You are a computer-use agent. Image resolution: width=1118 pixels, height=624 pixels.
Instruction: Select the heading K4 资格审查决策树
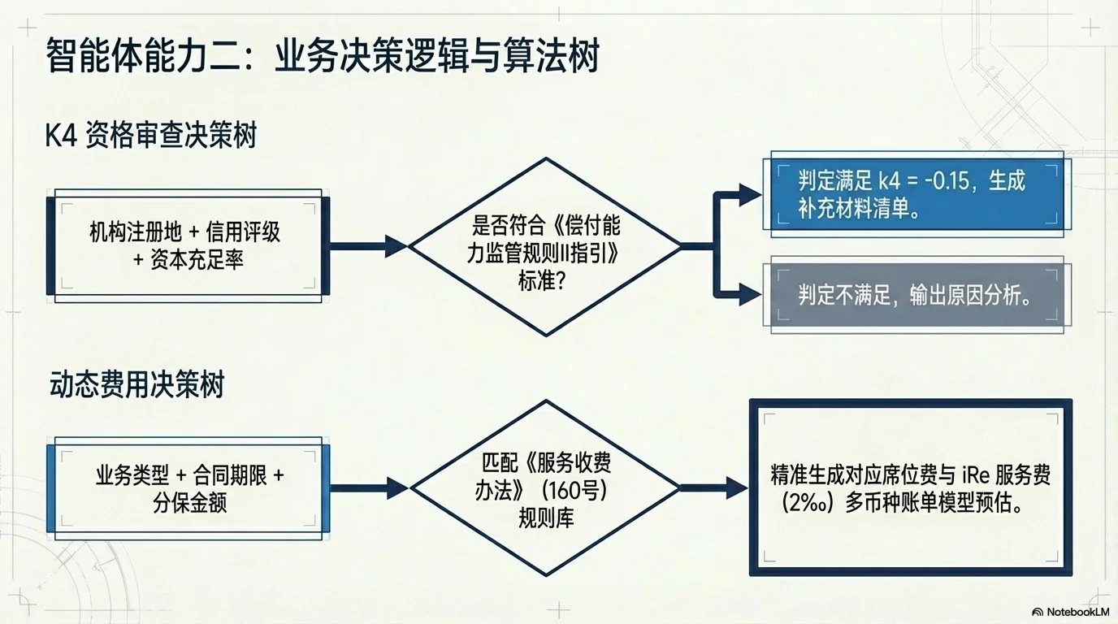pyautogui.click(x=150, y=135)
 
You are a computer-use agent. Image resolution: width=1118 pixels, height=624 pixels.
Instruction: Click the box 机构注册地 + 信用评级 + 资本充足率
pyautogui.click(x=188, y=245)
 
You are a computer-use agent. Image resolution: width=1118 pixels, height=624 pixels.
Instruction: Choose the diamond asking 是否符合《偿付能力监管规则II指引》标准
pyautogui.click(x=545, y=246)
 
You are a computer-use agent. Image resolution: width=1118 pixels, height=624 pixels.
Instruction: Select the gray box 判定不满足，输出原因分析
pyautogui.click(x=912, y=296)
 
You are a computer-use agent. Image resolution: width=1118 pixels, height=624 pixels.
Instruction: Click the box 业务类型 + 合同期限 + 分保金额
pyautogui.click(x=188, y=488)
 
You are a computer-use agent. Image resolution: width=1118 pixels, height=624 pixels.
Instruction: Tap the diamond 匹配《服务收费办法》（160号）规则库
pyautogui.click(x=545, y=488)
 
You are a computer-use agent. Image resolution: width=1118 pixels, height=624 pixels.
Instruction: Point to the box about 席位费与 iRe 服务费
pyautogui.click(x=910, y=487)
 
